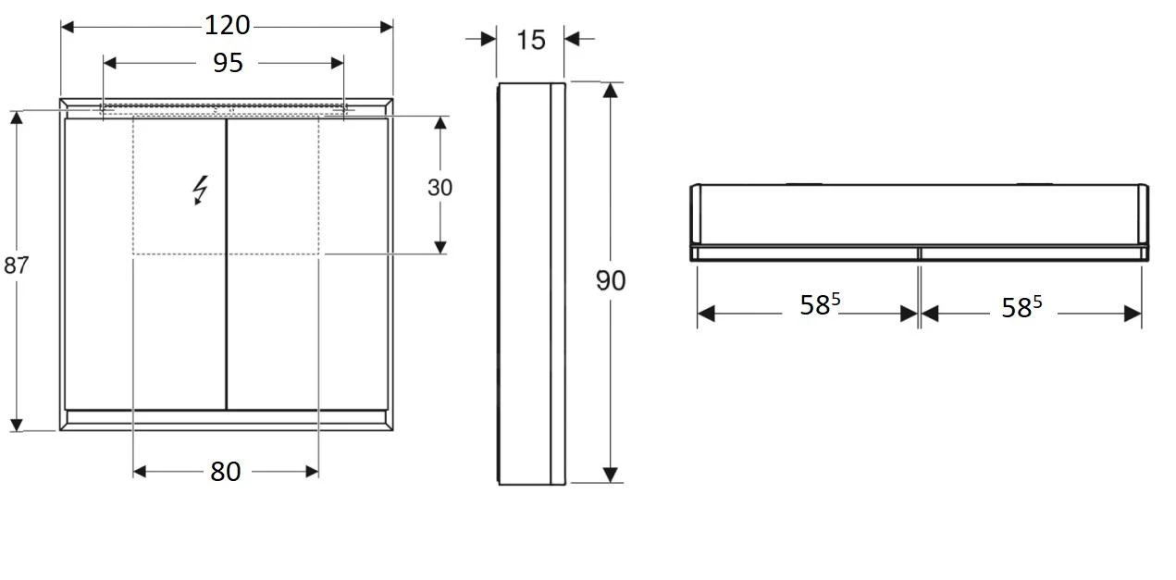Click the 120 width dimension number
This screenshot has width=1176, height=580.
(x=227, y=26)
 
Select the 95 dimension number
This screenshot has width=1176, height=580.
(x=228, y=63)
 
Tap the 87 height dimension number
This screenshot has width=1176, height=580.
(x=16, y=265)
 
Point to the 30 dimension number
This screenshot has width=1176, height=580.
(x=440, y=188)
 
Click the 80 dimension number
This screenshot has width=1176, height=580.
(x=225, y=472)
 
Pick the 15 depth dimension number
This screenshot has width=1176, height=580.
(x=531, y=40)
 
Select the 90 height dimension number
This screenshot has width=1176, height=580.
(x=610, y=280)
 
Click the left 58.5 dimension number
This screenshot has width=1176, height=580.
(x=819, y=305)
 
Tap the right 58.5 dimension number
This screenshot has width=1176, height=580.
(x=1021, y=307)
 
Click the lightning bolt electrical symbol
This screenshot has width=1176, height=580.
(x=200, y=190)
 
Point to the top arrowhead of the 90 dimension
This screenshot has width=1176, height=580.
(x=610, y=90)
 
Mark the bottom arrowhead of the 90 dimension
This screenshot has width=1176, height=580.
(x=610, y=475)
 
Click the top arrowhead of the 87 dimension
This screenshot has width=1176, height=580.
(x=16, y=118)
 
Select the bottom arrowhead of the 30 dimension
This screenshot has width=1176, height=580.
(x=440, y=247)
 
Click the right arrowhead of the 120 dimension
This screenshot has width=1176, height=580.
(x=386, y=26)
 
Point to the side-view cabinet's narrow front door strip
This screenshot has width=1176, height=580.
(x=558, y=283)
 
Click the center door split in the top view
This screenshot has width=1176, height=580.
(x=919, y=253)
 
